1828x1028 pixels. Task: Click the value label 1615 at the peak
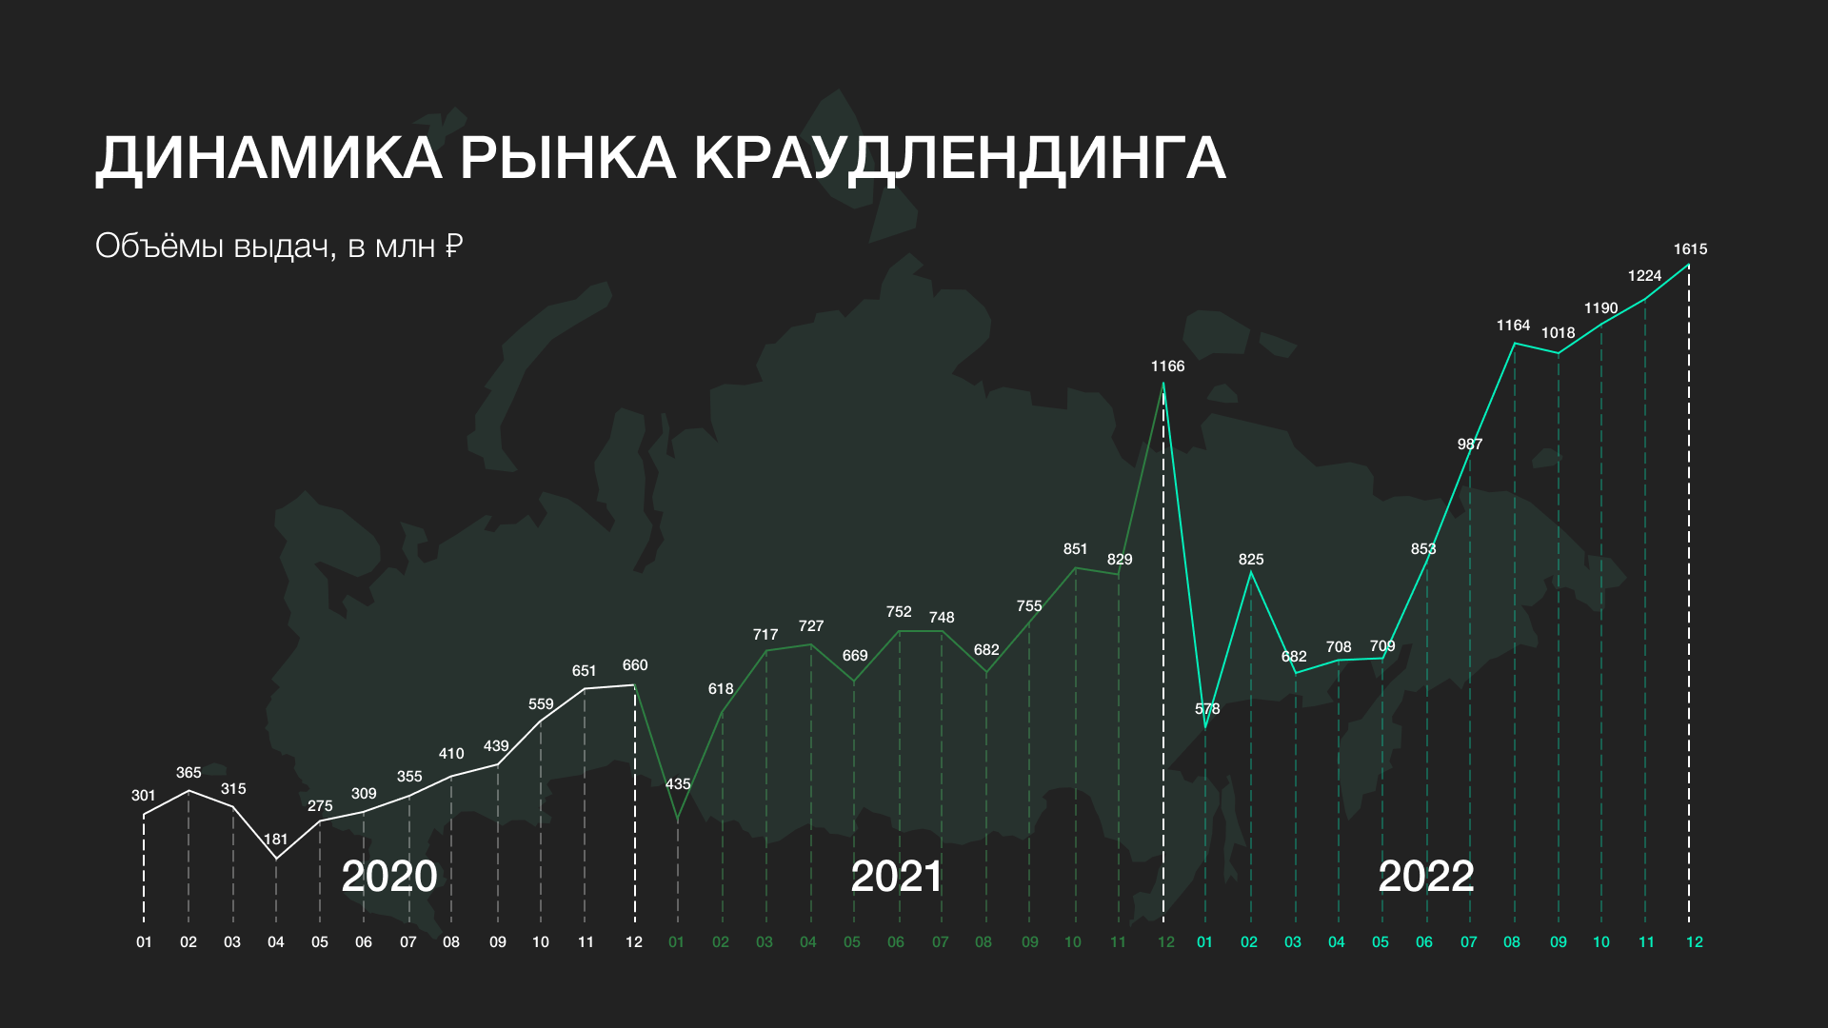click(x=1690, y=249)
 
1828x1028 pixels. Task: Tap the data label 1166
click(x=1167, y=366)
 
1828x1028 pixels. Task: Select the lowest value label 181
click(x=275, y=840)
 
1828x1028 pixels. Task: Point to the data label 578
click(x=1207, y=709)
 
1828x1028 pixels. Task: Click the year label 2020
click(x=389, y=877)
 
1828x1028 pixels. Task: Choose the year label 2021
click(x=896, y=877)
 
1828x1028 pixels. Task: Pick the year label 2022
click(x=1426, y=877)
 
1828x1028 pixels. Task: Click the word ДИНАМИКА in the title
click(x=269, y=158)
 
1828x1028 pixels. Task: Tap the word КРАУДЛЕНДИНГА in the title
click(x=960, y=158)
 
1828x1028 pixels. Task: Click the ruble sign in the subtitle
click(x=454, y=247)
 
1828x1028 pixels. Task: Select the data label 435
click(x=678, y=784)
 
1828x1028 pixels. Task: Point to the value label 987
click(x=1470, y=445)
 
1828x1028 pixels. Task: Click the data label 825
click(x=1251, y=560)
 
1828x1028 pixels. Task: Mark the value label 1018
click(x=1559, y=333)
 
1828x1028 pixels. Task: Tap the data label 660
click(x=635, y=665)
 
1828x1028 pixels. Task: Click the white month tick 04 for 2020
click(x=276, y=942)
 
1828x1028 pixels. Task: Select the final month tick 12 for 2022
click(x=1695, y=942)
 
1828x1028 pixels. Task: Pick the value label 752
click(x=899, y=612)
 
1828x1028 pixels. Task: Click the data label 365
click(x=189, y=773)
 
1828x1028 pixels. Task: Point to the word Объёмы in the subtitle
click(x=160, y=246)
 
